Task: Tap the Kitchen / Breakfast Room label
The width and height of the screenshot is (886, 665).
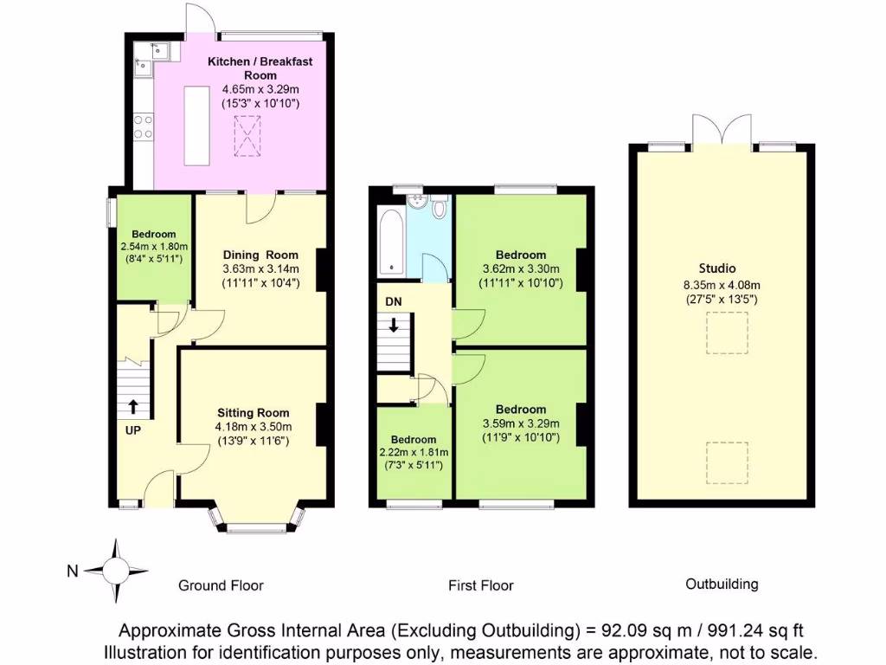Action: point(260,68)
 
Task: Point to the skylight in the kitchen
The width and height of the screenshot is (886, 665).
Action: point(248,136)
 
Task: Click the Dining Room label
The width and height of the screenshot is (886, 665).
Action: point(260,255)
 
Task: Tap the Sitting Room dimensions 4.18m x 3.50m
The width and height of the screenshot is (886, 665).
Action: point(254,426)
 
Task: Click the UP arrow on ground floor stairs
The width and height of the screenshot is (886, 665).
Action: point(133,406)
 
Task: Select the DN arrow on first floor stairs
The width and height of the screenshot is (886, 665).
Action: point(394,326)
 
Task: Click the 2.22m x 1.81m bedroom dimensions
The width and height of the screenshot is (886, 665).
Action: point(413,453)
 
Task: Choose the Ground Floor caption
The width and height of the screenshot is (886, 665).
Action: point(221,585)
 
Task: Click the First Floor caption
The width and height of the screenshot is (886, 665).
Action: point(480,585)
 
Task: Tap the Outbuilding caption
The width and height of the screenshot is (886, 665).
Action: point(722,584)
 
